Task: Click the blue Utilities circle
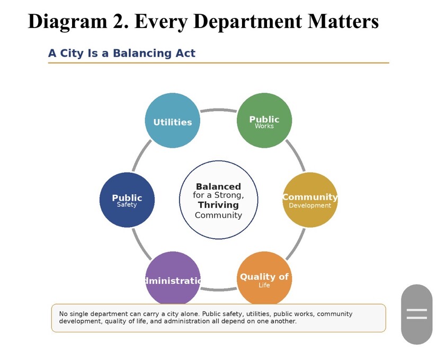(173, 120)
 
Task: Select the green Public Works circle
(264, 120)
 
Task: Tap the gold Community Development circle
(310, 200)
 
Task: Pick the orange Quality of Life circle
(264, 278)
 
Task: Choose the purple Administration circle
(173, 278)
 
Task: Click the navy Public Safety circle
(127, 200)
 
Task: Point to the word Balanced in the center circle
(218, 186)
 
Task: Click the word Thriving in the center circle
(218, 205)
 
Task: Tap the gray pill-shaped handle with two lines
(417, 314)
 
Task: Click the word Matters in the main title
(343, 21)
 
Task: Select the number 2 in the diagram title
(120, 22)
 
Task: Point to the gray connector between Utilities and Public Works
(218, 110)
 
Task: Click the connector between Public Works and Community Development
(296, 155)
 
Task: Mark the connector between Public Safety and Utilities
(141, 155)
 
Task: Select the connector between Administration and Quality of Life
(218, 290)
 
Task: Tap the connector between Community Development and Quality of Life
(296, 245)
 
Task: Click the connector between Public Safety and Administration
(141, 245)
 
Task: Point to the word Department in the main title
(248, 22)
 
